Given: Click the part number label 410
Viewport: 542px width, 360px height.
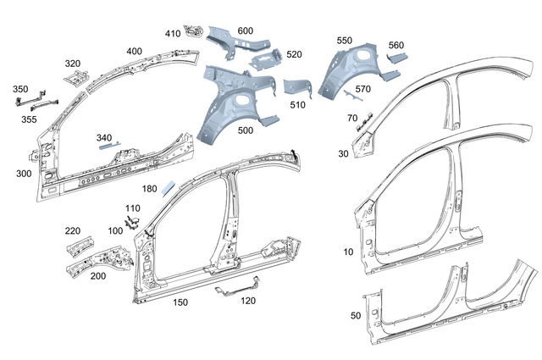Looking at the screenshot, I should (172, 34).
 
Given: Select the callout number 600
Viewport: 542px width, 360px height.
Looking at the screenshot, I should (245, 30).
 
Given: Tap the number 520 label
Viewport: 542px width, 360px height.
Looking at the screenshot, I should (294, 54).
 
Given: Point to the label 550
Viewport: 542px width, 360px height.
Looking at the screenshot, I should (344, 40).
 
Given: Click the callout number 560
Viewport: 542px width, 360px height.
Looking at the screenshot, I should (396, 45).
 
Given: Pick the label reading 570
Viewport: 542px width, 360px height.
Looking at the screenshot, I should (362, 89).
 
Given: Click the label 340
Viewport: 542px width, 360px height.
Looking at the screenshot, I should (104, 137).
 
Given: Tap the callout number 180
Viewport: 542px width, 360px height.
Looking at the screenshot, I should (150, 189).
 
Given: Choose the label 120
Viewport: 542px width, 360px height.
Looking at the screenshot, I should (248, 301).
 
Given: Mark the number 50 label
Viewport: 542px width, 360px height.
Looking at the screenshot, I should (355, 315).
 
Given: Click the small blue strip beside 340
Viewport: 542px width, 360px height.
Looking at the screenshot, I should (109, 146).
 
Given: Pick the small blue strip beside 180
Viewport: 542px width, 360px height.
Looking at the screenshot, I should (169, 187).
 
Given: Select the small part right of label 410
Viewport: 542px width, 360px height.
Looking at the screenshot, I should (193, 32).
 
